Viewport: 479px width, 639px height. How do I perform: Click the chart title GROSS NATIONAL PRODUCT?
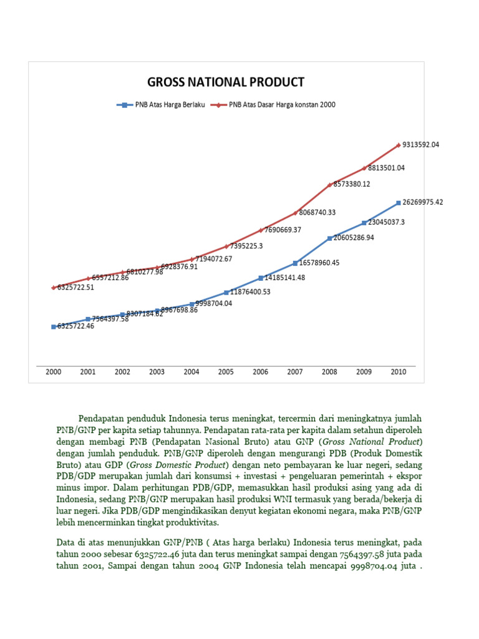[x=225, y=82]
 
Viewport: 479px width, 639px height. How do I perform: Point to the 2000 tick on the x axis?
[x=54, y=372]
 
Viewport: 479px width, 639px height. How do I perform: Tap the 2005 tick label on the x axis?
[x=226, y=372]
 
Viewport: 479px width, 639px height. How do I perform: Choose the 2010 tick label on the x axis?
[x=398, y=372]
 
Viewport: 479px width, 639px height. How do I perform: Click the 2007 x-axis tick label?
[x=295, y=372]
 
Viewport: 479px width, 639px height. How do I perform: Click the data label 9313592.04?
[x=421, y=145]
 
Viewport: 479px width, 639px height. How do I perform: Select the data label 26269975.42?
[x=423, y=202]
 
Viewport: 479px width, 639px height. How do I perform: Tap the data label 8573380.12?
[x=352, y=184]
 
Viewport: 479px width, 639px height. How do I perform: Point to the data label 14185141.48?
[x=284, y=278]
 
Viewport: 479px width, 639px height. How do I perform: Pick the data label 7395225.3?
[x=246, y=246]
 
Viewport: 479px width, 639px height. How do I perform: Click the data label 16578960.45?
[x=319, y=263]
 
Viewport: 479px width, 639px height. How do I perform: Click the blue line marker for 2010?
[x=398, y=202]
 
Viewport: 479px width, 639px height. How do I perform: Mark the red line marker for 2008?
[x=329, y=184]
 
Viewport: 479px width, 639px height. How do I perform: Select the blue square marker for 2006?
[x=260, y=278]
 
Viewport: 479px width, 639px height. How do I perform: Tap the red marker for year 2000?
[x=54, y=287]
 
